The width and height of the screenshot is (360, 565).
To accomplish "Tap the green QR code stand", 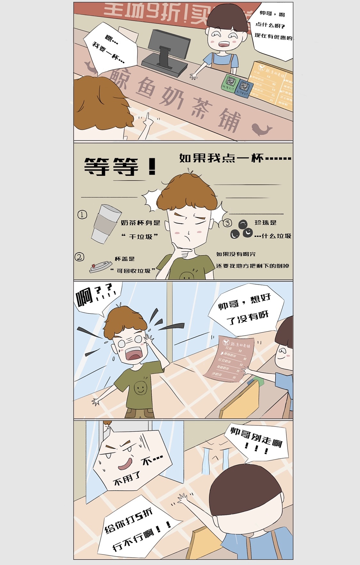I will tap(231, 83).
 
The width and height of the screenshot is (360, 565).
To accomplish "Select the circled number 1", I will tap(82, 214).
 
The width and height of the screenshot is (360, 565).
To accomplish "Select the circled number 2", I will tap(79, 257).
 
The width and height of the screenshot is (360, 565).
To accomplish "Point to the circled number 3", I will tap(227, 223).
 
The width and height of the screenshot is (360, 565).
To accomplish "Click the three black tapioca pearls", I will tap(242, 230).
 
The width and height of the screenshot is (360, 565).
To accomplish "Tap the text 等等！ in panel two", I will tap(120, 166).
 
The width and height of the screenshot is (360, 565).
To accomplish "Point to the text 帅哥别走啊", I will tap(256, 437).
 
